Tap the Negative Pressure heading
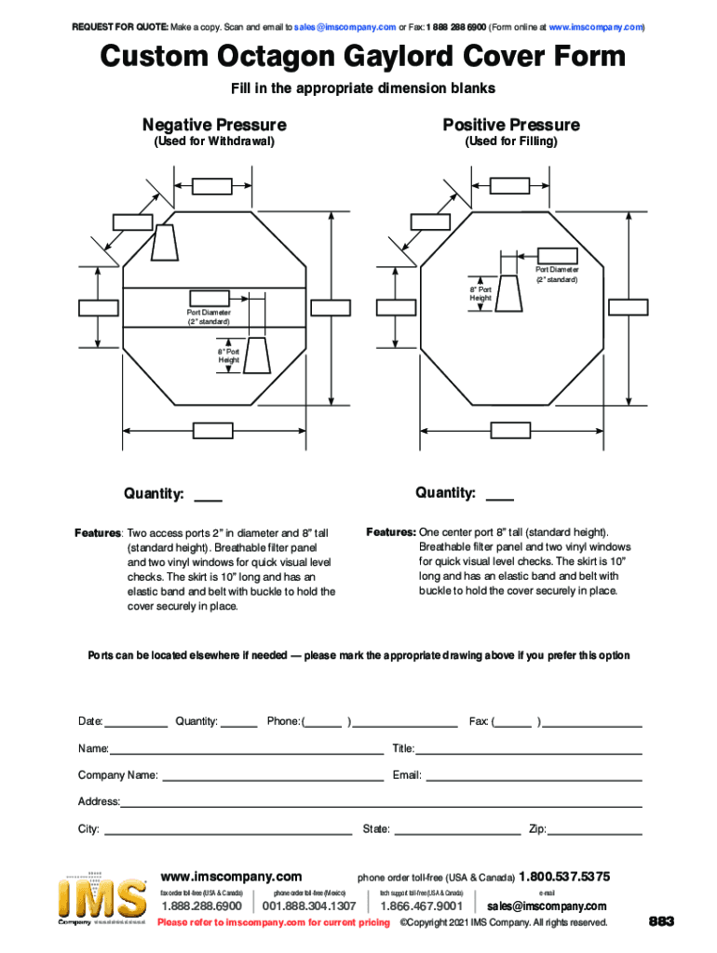214,125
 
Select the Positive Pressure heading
511,125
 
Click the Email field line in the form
534,778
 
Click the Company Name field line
272,778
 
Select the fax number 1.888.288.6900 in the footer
202,906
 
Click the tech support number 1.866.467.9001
422,906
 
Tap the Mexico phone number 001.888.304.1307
310,906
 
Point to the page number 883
661,921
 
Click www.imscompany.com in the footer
232,877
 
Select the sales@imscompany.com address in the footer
547,906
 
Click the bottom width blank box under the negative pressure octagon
213,430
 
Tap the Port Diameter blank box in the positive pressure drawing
557,256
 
